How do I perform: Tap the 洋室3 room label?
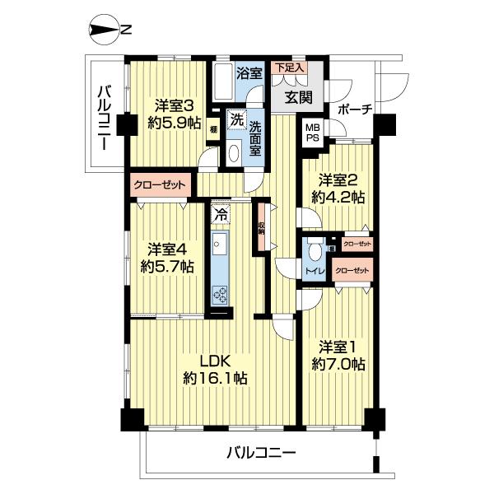(x=174, y=105)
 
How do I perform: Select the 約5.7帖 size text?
(x=167, y=266)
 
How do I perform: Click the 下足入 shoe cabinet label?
(x=289, y=68)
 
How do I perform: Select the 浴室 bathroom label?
(x=249, y=73)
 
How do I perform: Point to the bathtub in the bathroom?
(x=222, y=81)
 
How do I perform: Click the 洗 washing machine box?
(x=235, y=118)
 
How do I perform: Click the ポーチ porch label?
(x=355, y=109)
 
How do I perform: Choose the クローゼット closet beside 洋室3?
(x=161, y=184)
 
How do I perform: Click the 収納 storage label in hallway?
(x=261, y=228)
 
